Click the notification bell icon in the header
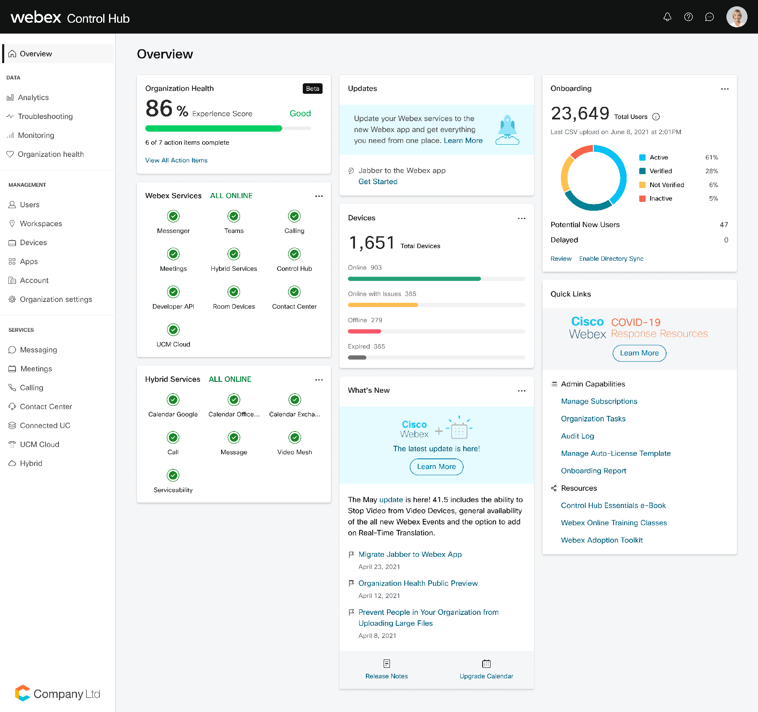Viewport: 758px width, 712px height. pyautogui.click(x=667, y=17)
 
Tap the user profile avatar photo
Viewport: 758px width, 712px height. pyautogui.click(x=737, y=17)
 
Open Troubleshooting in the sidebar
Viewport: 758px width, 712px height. pyautogui.click(x=45, y=116)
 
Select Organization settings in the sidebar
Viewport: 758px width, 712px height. pyautogui.click(x=56, y=299)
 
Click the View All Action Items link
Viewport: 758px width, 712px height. pyautogui.click(x=176, y=160)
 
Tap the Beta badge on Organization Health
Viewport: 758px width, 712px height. pyautogui.click(x=312, y=89)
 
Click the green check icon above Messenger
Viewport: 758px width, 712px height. pyautogui.click(x=173, y=216)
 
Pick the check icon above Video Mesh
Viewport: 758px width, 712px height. pyautogui.click(x=295, y=437)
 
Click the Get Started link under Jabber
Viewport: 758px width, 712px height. pyautogui.click(x=378, y=182)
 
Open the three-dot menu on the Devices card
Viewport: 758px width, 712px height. pyautogui.click(x=521, y=218)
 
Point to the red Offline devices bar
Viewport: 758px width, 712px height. pyautogui.click(x=364, y=331)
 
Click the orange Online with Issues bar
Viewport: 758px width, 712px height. pyautogui.click(x=382, y=305)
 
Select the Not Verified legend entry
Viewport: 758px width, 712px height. pyautogui.click(x=666, y=185)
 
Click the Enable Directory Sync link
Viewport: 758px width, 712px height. pyautogui.click(x=611, y=259)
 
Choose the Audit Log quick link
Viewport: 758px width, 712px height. pyautogui.click(x=577, y=436)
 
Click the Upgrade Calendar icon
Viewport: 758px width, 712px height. pyautogui.click(x=486, y=664)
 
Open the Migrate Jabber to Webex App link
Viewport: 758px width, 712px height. pyautogui.click(x=410, y=554)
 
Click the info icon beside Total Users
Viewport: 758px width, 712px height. pyautogui.click(x=656, y=117)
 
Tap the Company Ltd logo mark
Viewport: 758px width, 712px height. pyautogui.click(x=22, y=693)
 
